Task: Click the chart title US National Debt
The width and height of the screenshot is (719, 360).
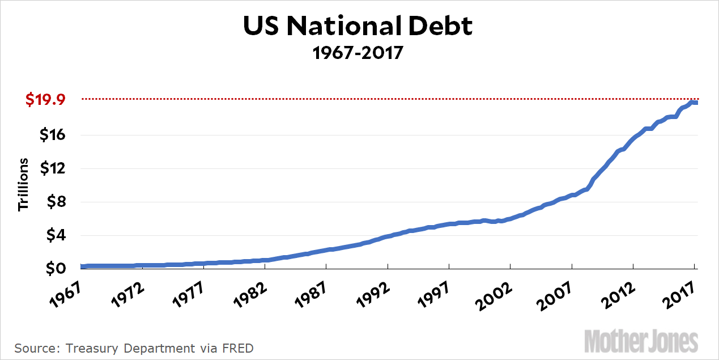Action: click(358, 27)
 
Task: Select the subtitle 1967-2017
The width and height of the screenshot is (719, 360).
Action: click(358, 53)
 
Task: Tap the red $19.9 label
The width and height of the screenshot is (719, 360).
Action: click(45, 100)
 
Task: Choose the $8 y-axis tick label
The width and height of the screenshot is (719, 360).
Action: click(55, 202)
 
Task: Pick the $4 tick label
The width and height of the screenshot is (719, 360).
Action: click(55, 235)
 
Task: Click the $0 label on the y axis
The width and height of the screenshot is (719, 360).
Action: click(55, 268)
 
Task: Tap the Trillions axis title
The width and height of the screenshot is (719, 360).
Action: click(23, 185)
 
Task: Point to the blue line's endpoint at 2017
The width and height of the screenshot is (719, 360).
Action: click(695, 103)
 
